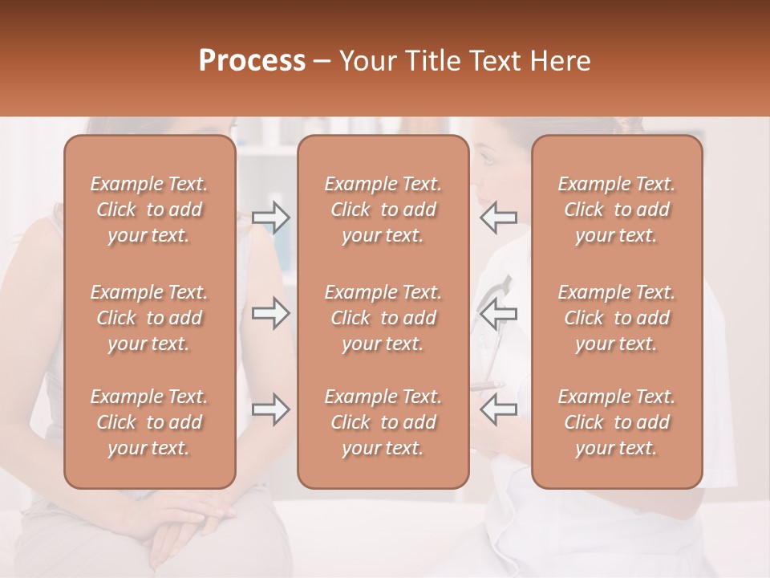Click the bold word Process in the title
click(x=252, y=61)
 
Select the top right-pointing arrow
click(x=270, y=218)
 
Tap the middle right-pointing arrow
click(x=270, y=313)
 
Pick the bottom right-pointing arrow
click(x=270, y=409)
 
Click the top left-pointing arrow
click(x=498, y=218)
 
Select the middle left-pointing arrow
click(x=498, y=313)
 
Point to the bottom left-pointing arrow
click(x=498, y=409)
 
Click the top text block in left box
click(x=149, y=210)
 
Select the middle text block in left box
click(x=149, y=318)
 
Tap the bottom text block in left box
click(x=149, y=422)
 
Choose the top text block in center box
click(x=383, y=210)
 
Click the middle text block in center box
click(x=383, y=318)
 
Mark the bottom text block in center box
click(x=383, y=422)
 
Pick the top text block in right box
click(x=616, y=210)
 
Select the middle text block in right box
click(x=616, y=318)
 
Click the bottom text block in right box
click(x=616, y=422)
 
